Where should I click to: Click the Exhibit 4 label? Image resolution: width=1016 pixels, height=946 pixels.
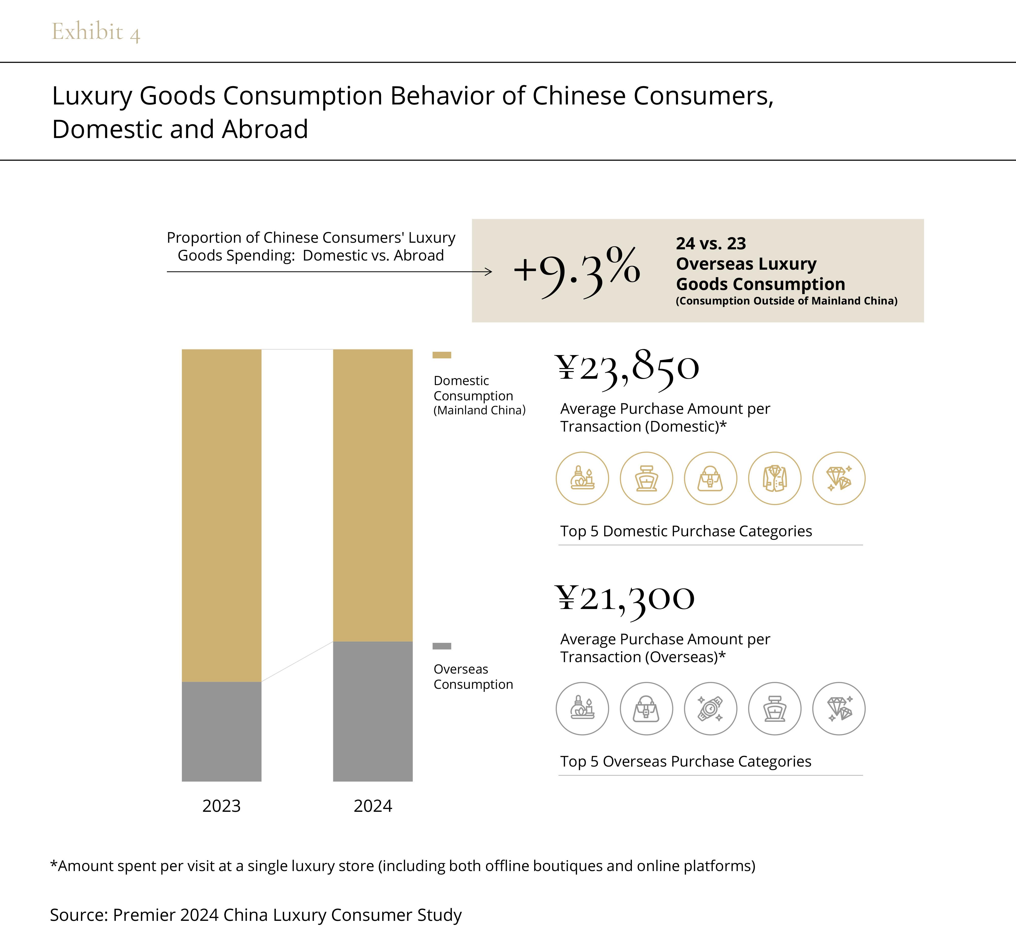click(96, 32)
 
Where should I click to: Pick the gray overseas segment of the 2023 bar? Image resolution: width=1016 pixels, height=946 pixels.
click(221, 731)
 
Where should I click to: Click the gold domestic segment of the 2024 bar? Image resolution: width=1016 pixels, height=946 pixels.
click(373, 495)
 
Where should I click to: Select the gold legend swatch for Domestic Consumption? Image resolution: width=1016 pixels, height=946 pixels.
click(441, 355)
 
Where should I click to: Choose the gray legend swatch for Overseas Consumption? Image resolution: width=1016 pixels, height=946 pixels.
click(441, 646)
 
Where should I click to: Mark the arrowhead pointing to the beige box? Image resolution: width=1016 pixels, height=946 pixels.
click(489, 271)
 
